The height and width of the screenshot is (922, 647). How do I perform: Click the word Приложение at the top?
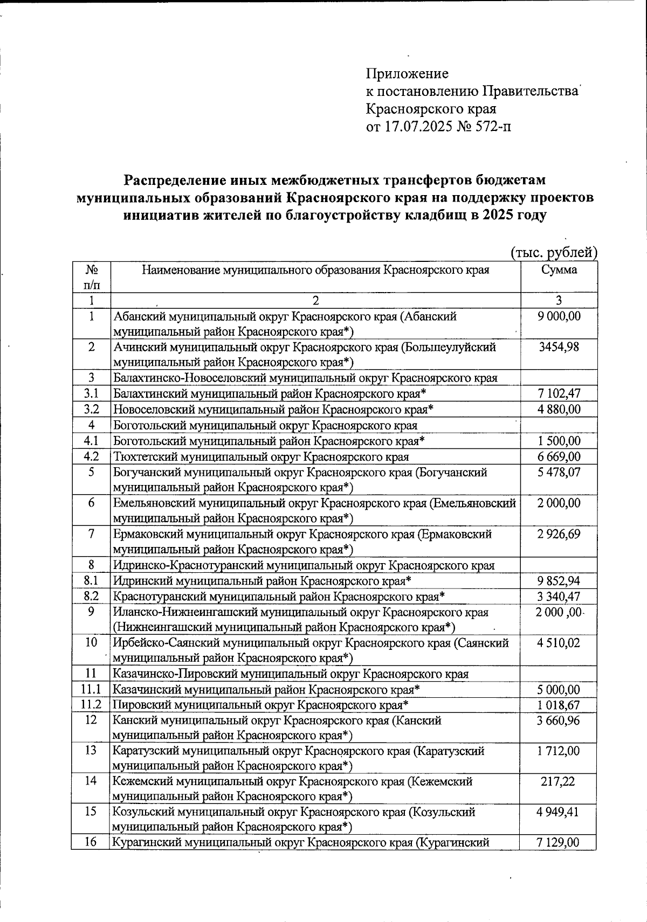tap(407, 74)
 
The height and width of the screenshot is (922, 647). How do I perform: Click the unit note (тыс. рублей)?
tap(554, 253)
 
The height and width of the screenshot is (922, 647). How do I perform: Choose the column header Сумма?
tap(559, 270)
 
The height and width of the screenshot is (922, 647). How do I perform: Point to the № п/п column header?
tap(92, 276)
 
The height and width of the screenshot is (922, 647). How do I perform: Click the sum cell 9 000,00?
tap(559, 316)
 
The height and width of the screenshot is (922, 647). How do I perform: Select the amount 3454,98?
tap(559, 347)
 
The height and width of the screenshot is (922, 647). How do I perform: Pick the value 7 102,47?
tap(559, 394)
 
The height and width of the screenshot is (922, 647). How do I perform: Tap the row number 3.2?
tap(92, 410)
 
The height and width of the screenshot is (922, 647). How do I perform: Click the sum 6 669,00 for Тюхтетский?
tap(559, 456)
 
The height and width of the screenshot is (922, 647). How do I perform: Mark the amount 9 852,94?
tap(559, 581)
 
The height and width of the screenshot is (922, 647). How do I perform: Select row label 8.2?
tap(92, 597)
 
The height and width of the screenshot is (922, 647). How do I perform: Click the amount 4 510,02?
tap(559, 643)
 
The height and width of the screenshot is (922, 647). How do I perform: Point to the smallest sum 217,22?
tap(559, 781)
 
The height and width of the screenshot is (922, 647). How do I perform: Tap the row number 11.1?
tap(92, 689)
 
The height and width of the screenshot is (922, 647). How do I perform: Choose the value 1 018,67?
tap(559, 705)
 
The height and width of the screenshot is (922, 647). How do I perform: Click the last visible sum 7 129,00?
tap(559, 842)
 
